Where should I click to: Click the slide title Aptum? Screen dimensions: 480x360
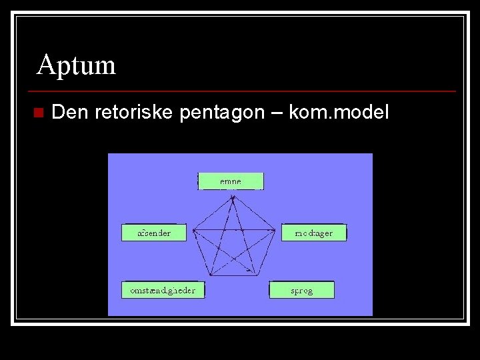tap(76, 65)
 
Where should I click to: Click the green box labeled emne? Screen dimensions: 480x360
tap(231, 181)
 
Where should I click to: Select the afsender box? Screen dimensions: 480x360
tap(154, 233)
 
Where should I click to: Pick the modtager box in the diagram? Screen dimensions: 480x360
tap(313, 233)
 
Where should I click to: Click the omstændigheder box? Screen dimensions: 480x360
tap(163, 290)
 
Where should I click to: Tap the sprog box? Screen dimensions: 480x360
tap(301, 290)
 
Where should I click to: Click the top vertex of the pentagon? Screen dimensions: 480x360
tap(233, 193)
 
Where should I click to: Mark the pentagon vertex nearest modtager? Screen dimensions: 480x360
tap(275, 231)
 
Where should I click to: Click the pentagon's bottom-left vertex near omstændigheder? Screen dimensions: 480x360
tap(209, 275)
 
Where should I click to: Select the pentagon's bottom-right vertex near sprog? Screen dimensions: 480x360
tap(257, 275)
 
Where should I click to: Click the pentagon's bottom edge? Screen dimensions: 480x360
tap(233, 275)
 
